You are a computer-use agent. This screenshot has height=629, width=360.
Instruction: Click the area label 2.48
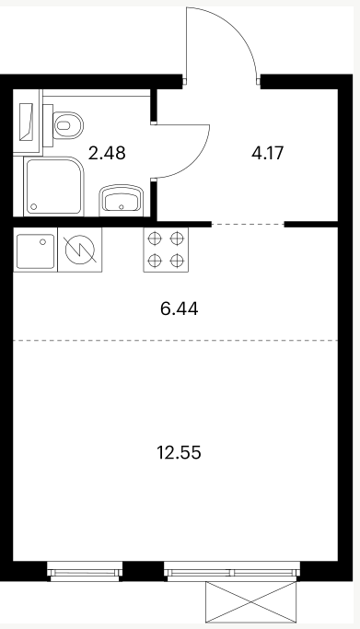pos(107,153)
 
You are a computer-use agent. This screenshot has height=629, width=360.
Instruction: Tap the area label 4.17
pos(267,153)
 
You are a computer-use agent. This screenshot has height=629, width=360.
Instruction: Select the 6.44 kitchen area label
pos(179,309)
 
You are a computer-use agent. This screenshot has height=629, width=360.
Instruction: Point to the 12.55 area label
pos(179,453)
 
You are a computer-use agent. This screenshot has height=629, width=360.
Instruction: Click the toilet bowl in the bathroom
pos(68,125)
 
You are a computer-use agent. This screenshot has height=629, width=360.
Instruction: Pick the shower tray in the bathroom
pos(54,187)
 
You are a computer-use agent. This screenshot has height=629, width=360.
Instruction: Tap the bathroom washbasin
pos(121,199)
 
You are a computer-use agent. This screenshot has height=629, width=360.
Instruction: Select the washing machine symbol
pos(80,250)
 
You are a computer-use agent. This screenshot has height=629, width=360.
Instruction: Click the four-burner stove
pos(166,250)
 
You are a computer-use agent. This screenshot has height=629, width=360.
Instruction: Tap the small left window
pos(85,571)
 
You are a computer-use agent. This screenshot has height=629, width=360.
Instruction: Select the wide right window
pos(232,571)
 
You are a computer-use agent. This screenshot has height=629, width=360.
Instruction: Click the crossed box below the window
pos(251,601)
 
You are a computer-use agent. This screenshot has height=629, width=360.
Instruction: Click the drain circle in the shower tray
pos(34,206)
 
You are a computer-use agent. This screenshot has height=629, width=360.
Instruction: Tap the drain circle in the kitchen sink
pos(42,242)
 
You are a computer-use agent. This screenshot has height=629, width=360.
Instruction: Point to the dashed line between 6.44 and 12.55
pos(176,340)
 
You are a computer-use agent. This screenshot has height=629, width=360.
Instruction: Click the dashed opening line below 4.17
pos(248,224)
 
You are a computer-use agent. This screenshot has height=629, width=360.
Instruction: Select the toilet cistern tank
pos(48,125)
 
